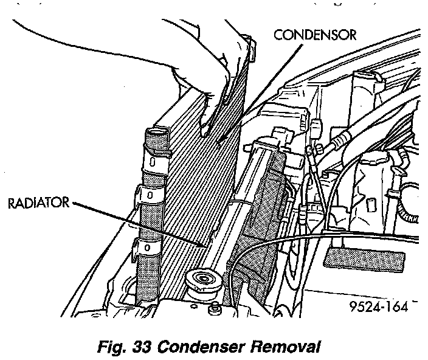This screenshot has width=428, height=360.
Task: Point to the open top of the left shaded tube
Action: [157, 132]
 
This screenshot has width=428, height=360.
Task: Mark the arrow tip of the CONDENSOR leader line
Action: [217, 142]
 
